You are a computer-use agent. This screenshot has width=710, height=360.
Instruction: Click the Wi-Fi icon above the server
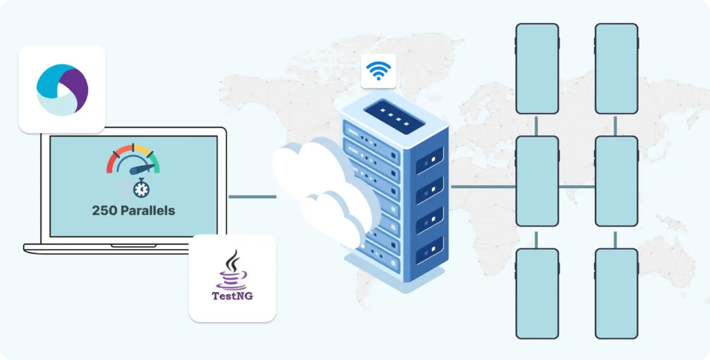tap(379, 71)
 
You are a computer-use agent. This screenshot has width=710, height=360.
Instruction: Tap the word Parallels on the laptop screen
tap(148, 210)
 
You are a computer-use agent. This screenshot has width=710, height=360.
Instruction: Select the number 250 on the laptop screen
tap(105, 210)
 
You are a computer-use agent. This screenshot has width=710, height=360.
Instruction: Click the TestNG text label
tap(232, 296)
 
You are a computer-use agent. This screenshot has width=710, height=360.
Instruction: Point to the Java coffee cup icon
tap(232, 271)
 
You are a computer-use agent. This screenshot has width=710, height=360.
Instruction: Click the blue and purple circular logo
tap(62, 89)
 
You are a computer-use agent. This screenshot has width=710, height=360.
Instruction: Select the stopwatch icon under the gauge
tap(141, 187)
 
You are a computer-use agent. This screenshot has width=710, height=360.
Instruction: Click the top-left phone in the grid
tap(537, 69)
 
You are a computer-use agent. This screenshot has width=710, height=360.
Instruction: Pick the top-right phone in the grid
tap(616, 69)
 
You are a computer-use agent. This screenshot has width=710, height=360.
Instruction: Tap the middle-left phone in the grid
tap(537, 181)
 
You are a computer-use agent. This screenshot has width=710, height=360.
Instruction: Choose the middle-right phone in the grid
tap(616, 181)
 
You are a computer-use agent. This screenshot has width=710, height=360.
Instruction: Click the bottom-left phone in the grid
tap(537, 293)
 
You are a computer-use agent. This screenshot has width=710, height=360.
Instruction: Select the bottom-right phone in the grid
tap(616, 293)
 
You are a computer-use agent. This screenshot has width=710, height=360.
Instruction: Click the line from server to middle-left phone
tap(483, 187)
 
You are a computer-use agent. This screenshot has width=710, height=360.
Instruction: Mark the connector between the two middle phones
tap(577, 187)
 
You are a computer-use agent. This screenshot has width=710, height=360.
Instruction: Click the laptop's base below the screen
tap(125, 247)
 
